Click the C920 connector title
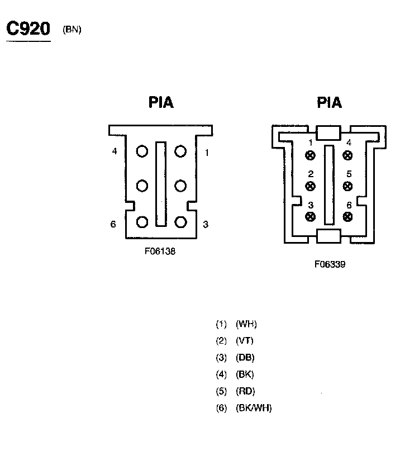28,29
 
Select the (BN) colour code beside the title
72,30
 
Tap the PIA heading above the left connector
161,103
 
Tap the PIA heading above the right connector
329,103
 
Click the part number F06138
160,252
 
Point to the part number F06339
330,264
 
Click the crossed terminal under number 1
311,155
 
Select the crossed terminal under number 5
348,186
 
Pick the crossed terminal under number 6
348,216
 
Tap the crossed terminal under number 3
311,216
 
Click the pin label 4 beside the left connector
115,151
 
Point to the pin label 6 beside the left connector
113,224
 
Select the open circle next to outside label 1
180,151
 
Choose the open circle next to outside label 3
180,222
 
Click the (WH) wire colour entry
246,324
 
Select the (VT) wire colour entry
245,341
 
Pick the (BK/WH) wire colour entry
254,408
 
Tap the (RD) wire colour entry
245,391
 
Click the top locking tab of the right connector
328,133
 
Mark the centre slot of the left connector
161,184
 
